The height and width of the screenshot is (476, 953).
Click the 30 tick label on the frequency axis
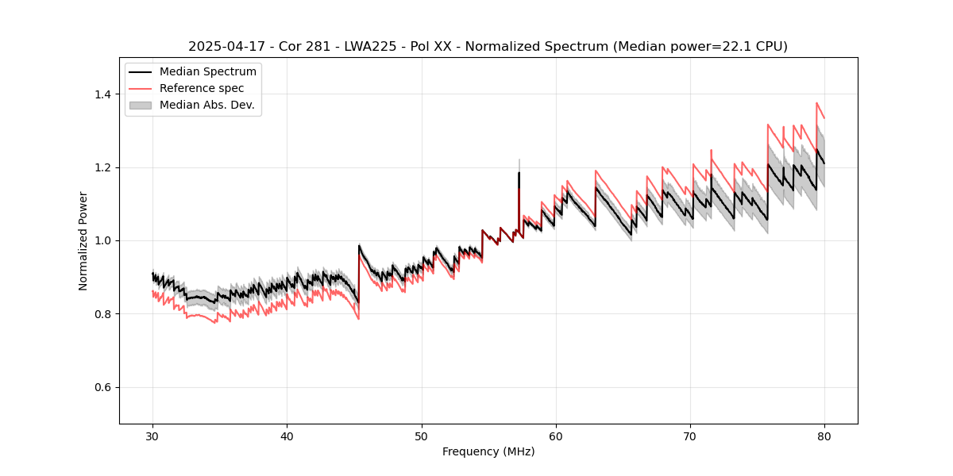(152, 436)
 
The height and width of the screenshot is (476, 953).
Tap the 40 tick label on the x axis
(287, 436)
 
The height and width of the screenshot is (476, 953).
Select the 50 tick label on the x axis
(421, 436)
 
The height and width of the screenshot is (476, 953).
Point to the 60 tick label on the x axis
(556, 436)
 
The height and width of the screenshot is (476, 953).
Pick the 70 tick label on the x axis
(690, 436)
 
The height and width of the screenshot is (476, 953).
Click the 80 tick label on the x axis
(824, 436)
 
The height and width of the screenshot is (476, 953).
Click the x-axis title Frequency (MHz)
(488, 451)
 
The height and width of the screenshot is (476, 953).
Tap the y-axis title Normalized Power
(83, 240)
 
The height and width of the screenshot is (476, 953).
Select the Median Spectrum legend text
(207, 72)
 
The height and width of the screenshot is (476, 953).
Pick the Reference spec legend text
(202, 88)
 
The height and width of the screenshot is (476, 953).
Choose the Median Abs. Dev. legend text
(206, 105)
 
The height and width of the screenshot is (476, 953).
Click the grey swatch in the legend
(142, 105)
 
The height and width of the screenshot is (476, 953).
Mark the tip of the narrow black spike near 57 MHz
(519, 172)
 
